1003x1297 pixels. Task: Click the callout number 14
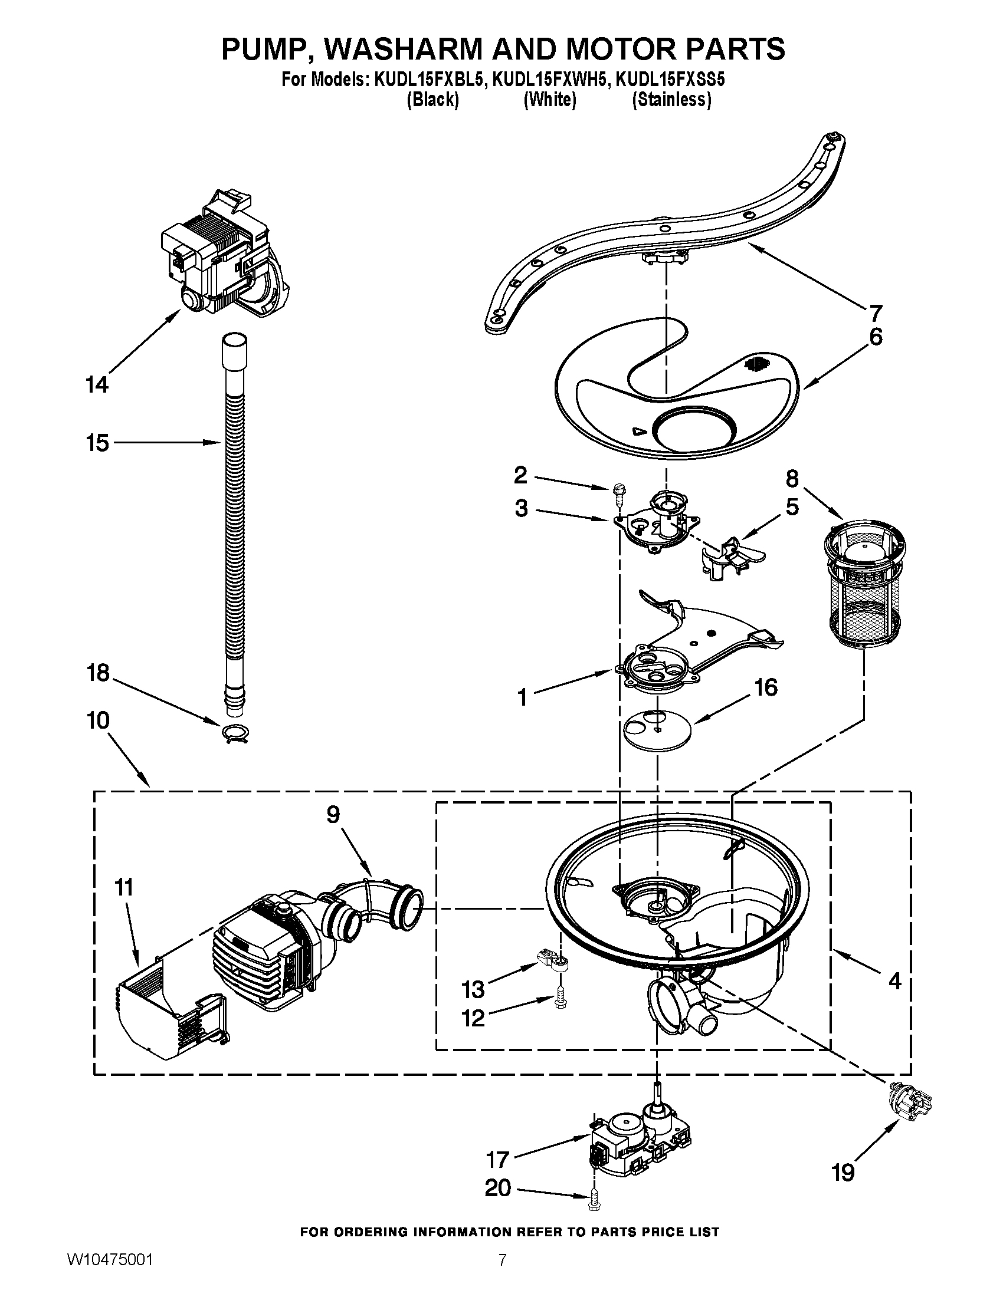click(x=97, y=385)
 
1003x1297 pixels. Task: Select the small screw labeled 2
click(x=618, y=493)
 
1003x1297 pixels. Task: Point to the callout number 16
click(x=765, y=687)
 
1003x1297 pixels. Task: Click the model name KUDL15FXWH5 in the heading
click(x=550, y=80)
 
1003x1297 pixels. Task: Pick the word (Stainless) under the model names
click(x=671, y=100)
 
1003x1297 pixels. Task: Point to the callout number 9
click(x=333, y=815)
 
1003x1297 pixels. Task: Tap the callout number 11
click(x=123, y=888)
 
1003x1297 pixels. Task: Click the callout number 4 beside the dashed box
click(x=894, y=980)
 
